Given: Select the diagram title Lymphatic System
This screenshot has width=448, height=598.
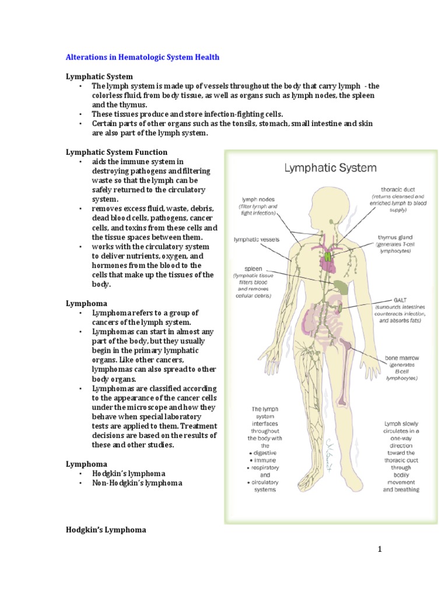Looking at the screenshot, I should tap(330, 168).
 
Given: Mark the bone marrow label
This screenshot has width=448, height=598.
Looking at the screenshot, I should tap(401, 358).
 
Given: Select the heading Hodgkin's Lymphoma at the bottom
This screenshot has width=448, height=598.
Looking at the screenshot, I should tap(106, 530).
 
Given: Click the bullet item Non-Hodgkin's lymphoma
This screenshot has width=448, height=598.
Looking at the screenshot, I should tap(137, 483).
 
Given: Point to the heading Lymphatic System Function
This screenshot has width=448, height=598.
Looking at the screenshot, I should tap(116, 152).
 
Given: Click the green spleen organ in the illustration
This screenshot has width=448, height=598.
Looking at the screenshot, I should tap(342, 286).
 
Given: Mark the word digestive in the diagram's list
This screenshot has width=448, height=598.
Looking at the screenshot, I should tap(264, 453).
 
